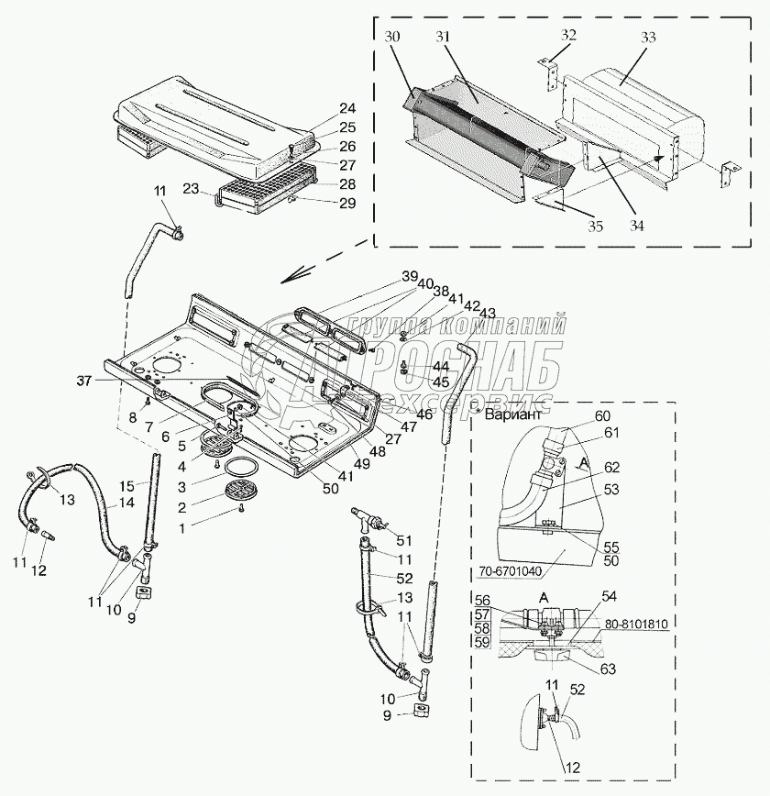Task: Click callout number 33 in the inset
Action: (647, 37)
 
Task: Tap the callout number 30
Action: (391, 37)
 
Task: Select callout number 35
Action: (595, 226)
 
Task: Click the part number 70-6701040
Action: (510, 571)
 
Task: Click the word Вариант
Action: (513, 414)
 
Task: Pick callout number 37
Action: (84, 381)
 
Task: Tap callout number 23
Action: (191, 189)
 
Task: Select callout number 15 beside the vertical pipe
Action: (126, 486)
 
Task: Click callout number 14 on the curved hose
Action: (126, 503)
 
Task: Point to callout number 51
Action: (404, 540)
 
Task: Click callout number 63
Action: (607, 669)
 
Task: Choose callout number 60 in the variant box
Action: (602, 415)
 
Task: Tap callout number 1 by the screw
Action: (181, 528)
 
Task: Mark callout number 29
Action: (347, 203)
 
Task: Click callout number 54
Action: (608, 596)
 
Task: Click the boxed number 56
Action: (482, 600)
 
